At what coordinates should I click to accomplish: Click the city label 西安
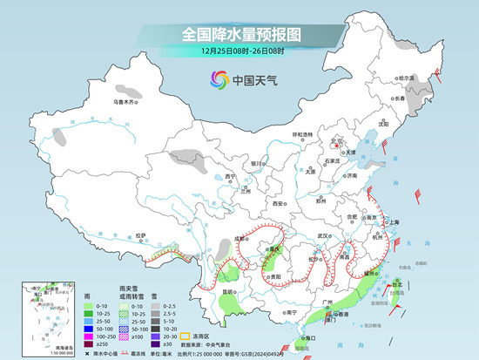[x=278, y=202]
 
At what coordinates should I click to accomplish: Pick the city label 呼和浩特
[x=302, y=135]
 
